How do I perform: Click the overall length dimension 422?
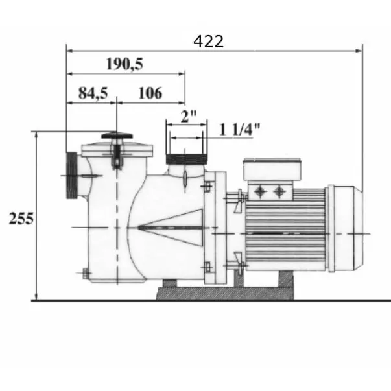208,41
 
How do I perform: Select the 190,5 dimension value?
124,64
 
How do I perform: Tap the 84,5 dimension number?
93,93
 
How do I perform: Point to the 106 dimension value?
150,93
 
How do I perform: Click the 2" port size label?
188,117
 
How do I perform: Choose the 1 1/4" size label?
239,129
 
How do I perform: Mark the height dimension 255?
21,219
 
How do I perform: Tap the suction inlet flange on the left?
71,175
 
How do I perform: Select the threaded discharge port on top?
185,158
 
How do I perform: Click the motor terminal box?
271,170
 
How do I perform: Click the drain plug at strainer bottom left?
84,275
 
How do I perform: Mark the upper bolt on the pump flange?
207,187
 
